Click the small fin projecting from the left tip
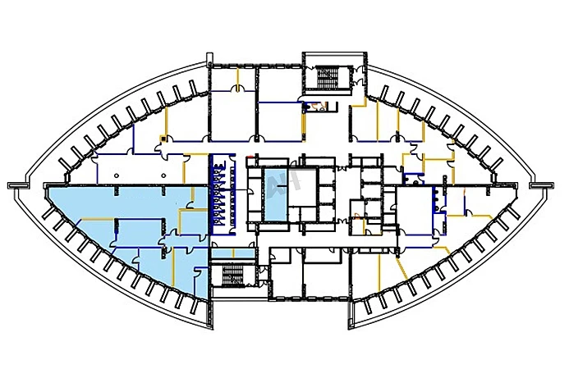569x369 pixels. [14, 184]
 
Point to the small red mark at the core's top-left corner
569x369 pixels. [248, 154]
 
